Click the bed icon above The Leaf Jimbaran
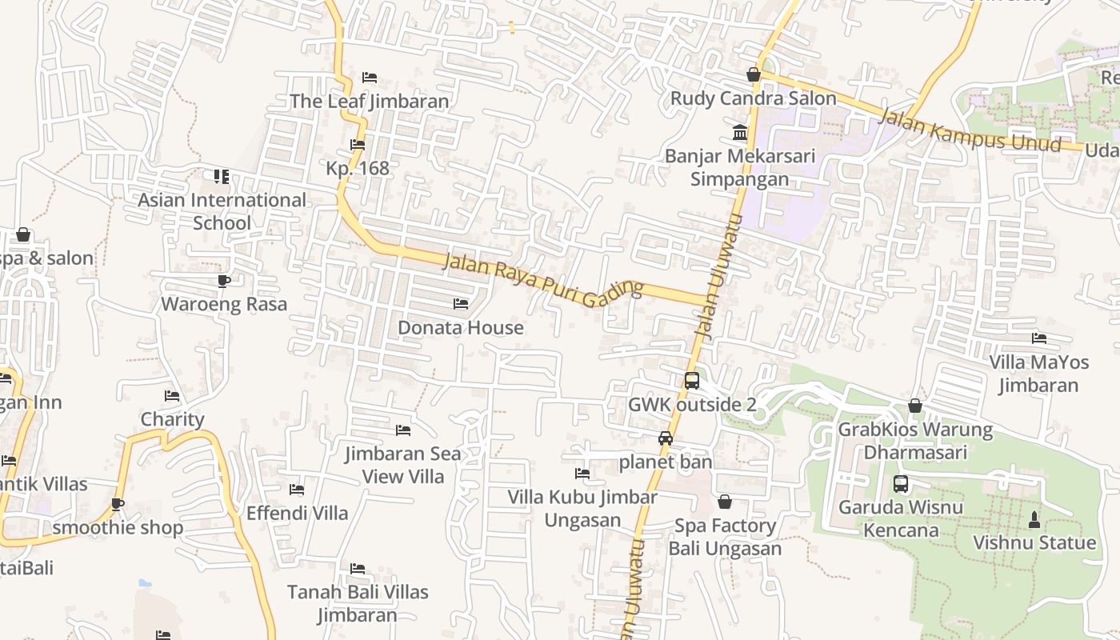[x=369, y=78]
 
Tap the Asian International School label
[x=222, y=211]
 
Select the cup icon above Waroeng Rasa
[x=224, y=281]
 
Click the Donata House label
[x=461, y=327]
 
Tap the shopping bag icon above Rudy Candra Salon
[x=753, y=74]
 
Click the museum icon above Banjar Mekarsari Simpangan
[x=740, y=132]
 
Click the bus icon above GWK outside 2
[x=692, y=381]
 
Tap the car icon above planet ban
[x=665, y=438]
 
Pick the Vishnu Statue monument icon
[x=1034, y=519]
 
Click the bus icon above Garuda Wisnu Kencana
[x=901, y=484]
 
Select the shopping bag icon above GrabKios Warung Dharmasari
[x=915, y=406]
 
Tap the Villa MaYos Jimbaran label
[x=1039, y=374]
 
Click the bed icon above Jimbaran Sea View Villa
[x=403, y=430]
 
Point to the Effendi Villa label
[x=297, y=513]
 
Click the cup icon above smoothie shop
[x=118, y=504]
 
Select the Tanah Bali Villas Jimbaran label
[x=358, y=603]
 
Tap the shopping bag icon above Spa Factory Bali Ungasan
[x=725, y=502]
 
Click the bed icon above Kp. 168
[x=358, y=145]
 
